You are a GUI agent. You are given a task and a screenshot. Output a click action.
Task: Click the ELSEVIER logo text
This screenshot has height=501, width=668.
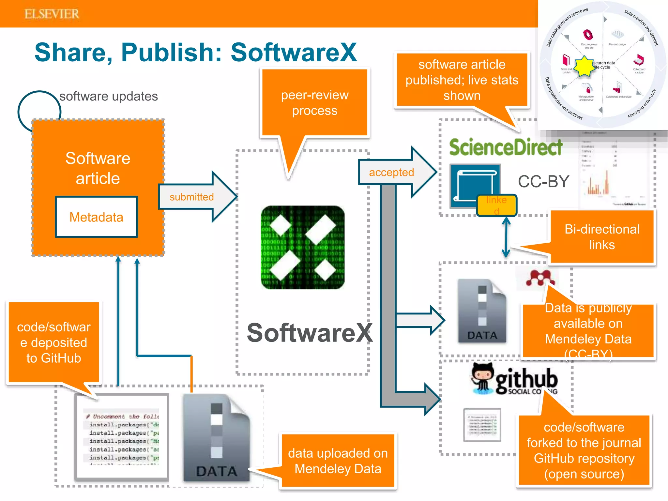pos(52,14)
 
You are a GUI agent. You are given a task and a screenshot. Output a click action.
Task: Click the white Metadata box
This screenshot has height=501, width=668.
pos(96,217)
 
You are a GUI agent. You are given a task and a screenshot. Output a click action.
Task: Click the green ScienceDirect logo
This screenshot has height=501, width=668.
pos(506,147)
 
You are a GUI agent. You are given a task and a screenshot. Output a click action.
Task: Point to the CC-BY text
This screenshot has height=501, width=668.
pos(543,181)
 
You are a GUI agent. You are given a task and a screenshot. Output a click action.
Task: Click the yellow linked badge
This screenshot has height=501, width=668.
pos(496,205)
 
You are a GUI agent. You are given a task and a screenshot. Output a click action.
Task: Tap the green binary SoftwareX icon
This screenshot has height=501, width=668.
pos(302,247)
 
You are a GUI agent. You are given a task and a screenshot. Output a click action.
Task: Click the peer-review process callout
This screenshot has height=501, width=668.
pos(314,103)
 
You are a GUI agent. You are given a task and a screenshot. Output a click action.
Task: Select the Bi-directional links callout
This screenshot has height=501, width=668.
pos(602,237)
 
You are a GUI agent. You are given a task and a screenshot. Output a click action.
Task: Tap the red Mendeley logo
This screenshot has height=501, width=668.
pos(539,278)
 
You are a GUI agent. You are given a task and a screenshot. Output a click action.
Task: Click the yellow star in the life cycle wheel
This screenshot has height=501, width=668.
pos(584,67)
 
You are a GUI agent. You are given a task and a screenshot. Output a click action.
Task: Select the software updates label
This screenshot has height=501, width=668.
pos(108,96)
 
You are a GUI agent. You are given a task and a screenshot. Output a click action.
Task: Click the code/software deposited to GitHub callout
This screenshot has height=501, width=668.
pos(54,342)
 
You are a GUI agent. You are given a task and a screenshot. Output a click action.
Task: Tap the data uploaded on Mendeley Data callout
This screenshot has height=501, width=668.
pos(338,461)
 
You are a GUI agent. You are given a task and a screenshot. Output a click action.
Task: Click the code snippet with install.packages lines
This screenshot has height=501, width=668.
pos(122,436)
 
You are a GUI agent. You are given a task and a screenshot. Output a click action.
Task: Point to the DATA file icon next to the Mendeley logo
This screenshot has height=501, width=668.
pos(482,311)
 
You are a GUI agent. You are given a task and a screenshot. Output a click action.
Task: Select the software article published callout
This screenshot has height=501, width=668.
pos(462,80)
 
